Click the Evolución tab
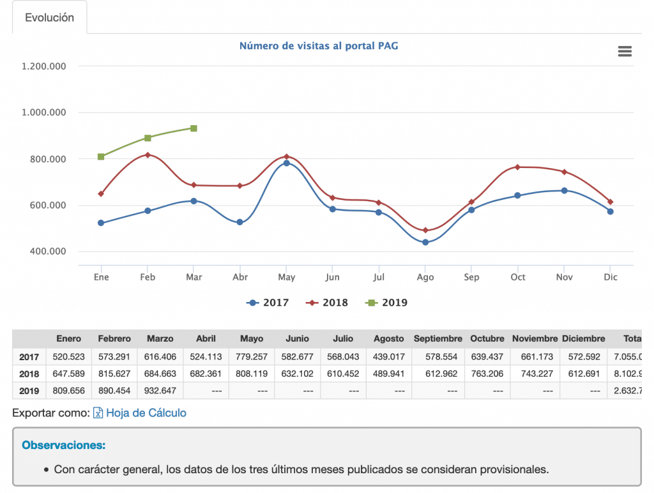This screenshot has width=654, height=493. (x=49, y=18)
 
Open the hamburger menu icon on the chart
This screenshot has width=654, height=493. (x=625, y=52)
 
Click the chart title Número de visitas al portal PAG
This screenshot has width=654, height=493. (x=319, y=46)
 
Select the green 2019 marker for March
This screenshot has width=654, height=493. (x=194, y=128)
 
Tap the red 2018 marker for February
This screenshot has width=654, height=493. (x=148, y=155)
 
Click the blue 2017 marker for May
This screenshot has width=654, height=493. (x=286, y=163)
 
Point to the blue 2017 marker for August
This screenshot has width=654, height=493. (x=425, y=242)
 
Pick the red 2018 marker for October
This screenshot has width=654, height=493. (x=518, y=167)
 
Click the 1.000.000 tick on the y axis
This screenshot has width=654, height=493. (x=44, y=112)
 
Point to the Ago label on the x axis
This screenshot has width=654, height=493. (x=425, y=277)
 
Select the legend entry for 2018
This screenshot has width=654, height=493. (x=329, y=303)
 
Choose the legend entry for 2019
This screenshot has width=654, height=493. (x=388, y=303)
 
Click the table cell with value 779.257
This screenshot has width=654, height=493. (x=252, y=357)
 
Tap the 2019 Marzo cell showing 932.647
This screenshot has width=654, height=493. (x=160, y=390)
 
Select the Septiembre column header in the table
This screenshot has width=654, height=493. (x=437, y=338)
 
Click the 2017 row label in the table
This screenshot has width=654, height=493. (x=29, y=357)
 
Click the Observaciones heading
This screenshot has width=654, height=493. (x=63, y=444)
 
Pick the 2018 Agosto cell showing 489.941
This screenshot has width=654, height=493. (x=389, y=374)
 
